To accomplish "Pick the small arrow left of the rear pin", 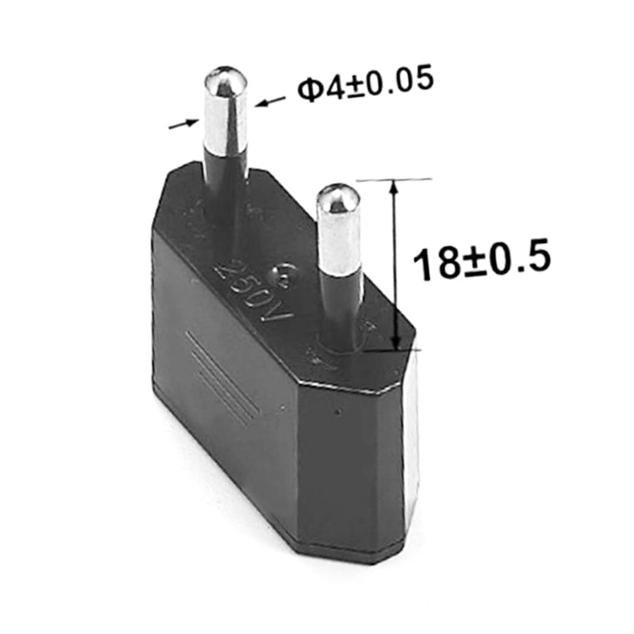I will pyautogui.click(x=184, y=123).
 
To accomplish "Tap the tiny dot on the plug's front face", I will pyautogui.click(x=336, y=410).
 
